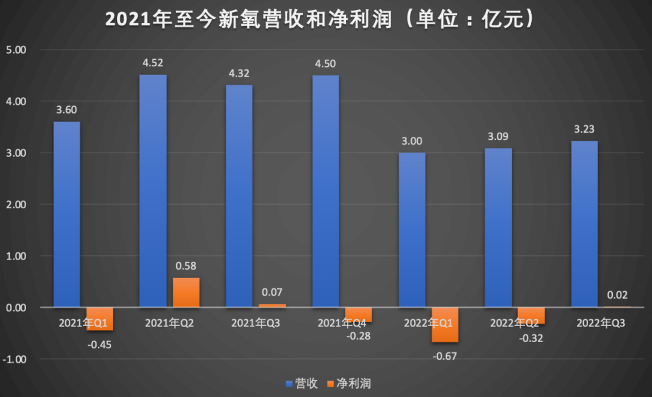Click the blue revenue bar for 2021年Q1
(66, 214)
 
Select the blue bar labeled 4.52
(153, 191)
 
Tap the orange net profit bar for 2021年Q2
(186, 293)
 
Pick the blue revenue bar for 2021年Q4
(325, 191)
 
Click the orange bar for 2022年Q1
(445, 325)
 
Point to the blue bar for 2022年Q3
(584, 224)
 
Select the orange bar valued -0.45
(100, 319)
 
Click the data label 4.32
(239, 74)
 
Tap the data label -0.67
(445, 356)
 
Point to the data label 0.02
(618, 295)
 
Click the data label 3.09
(498, 137)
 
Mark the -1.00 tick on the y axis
(14, 359)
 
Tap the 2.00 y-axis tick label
(16, 205)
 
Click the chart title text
(320, 19)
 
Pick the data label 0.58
(186, 265)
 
